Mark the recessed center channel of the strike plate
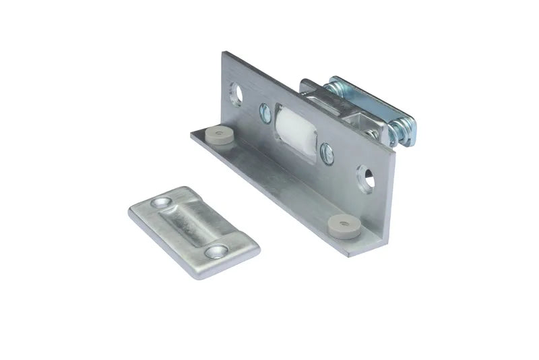[x=191, y=227]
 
